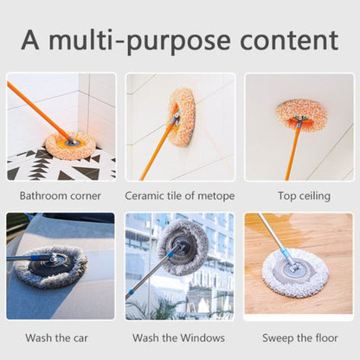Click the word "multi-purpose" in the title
pos(142,41)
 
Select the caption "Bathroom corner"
pos(61,196)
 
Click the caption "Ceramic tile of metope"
pos(179,196)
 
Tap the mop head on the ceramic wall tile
pos(183,116)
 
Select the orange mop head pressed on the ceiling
pos(302,113)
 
